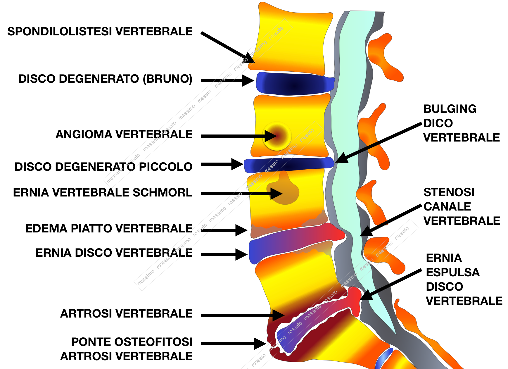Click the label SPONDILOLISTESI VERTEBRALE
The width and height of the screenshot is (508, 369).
click(100, 32)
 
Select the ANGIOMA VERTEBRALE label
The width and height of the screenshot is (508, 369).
click(124, 135)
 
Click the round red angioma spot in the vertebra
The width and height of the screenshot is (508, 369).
click(277, 136)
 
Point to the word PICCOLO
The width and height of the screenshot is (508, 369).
click(165, 167)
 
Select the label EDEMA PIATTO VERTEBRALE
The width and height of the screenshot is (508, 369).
click(109, 229)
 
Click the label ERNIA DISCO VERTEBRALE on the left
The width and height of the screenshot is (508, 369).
click(114, 253)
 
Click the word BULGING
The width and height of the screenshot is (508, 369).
click(450, 109)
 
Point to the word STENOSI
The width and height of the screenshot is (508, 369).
click(449, 192)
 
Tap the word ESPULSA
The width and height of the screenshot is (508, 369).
click(453, 273)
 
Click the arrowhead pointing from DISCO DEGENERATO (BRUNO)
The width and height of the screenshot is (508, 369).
click(248, 80)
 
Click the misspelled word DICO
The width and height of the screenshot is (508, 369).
click(438, 123)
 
